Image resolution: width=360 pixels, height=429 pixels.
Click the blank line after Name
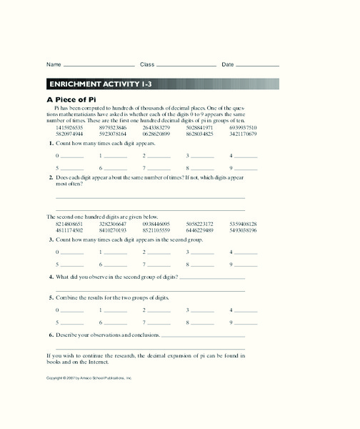[99, 65]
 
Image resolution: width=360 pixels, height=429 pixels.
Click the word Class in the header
[147, 64]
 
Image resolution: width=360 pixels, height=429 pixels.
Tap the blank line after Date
[258, 65]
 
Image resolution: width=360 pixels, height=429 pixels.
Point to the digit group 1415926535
[69, 127]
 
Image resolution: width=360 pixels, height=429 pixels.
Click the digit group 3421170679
[243, 134]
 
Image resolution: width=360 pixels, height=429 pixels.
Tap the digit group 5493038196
[243, 230]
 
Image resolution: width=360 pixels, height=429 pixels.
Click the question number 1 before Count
[50, 143]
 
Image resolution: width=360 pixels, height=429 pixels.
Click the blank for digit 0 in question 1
[72, 156]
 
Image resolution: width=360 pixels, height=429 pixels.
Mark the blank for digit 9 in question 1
[246, 169]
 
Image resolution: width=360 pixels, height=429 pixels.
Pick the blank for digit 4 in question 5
[246, 310]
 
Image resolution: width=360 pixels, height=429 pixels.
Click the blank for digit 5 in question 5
[72, 323]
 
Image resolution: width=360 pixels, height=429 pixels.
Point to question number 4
[50, 277]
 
